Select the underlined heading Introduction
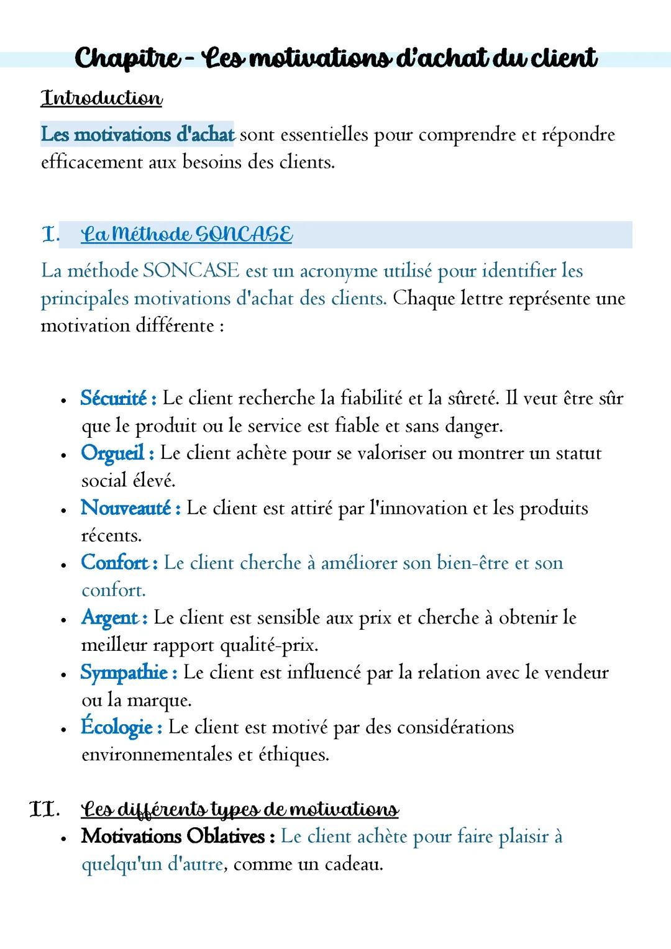[x=101, y=98]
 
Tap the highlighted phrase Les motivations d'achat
[x=137, y=134]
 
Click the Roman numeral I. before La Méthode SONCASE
[x=50, y=235]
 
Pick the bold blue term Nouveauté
[x=126, y=508]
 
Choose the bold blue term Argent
[x=110, y=618]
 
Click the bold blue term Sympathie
[x=124, y=673]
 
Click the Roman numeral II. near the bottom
[x=43, y=809]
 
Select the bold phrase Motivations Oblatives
[x=173, y=837]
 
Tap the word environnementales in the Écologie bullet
[x=157, y=755]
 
